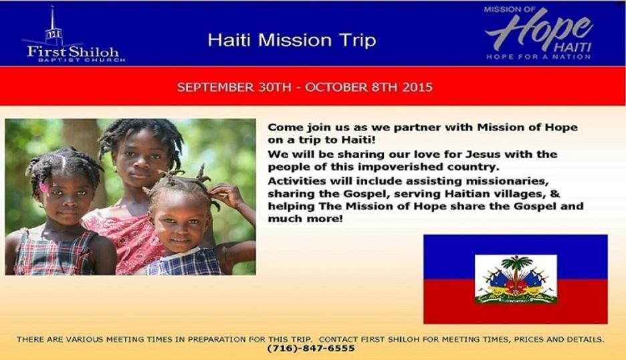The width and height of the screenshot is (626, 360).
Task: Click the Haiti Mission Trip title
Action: pyautogui.click(x=292, y=40)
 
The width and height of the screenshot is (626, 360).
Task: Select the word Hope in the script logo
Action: pyautogui.click(x=538, y=28)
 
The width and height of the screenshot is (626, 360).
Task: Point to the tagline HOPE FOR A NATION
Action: pyautogui.click(x=538, y=57)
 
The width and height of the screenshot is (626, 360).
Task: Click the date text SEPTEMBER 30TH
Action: pyautogui.click(x=234, y=87)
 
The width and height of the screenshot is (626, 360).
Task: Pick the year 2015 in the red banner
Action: pyautogui.click(x=417, y=87)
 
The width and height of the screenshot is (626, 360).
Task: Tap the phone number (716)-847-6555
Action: pyautogui.click(x=311, y=349)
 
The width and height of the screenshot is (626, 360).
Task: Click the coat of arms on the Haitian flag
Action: pyautogui.click(x=516, y=279)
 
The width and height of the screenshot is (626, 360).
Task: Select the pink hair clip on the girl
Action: pyautogui.click(x=43, y=187)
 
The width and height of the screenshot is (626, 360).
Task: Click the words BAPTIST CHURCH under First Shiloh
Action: pyautogui.click(x=82, y=60)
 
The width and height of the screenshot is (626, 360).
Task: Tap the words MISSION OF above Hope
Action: pyautogui.click(x=510, y=9)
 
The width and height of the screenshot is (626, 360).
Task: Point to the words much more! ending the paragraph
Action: pyautogui.click(x=306, y=219)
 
